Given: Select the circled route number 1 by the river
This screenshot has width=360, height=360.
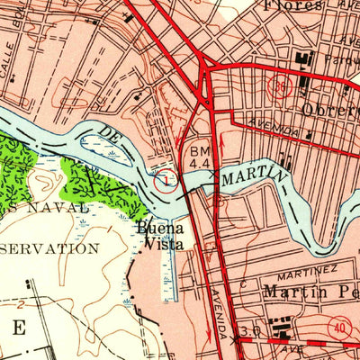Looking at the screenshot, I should (x=165, y=182).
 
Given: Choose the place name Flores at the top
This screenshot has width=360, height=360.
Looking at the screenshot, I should (x=293, y=5).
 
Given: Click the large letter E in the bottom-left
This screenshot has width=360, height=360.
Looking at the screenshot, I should (x=18, y=328).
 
